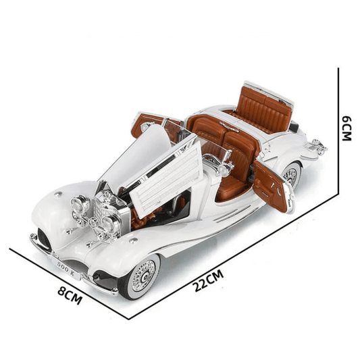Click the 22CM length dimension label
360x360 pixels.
click(208, 280)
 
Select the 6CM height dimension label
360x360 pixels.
click(347, 129)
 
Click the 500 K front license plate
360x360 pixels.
click(67, 268)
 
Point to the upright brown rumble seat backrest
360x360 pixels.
click(265, 108)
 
